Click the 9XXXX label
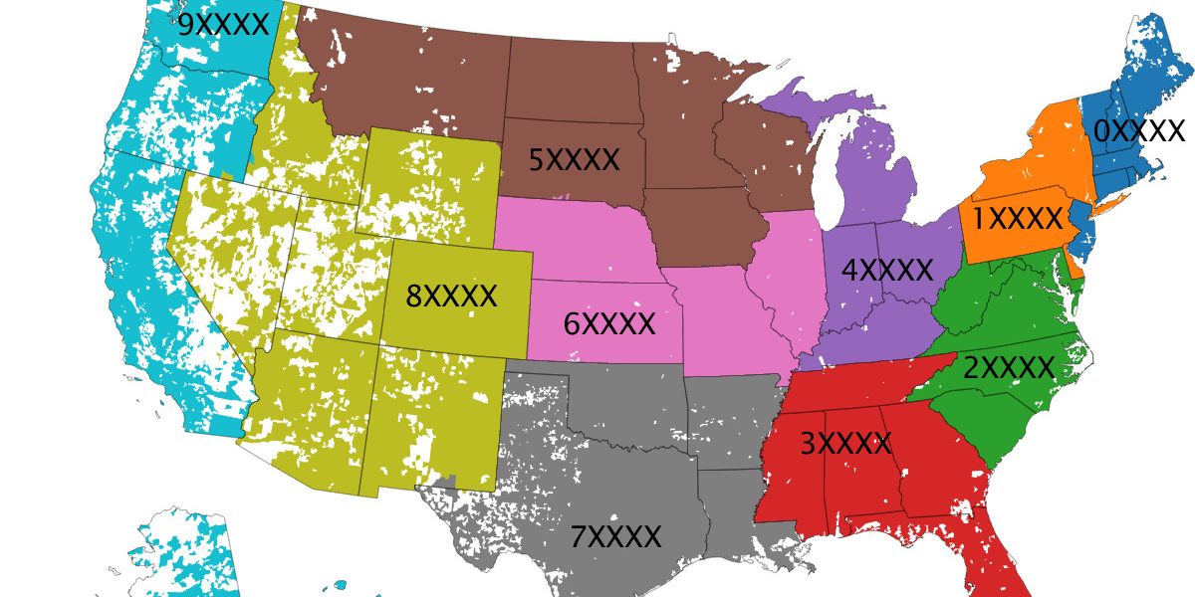coord(223,24)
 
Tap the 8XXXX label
coord(451,296)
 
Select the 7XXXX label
coord(615,537)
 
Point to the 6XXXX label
coord(609,323)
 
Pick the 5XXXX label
coord(574,159)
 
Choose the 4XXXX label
coord(887,270)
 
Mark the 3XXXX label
coord(845,444)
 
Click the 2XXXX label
coord(1008,368)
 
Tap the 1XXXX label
coord(1019,219)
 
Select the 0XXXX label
coord(1139,131)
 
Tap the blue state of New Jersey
coord(1079,225)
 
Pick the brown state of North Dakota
coord(574,80)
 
